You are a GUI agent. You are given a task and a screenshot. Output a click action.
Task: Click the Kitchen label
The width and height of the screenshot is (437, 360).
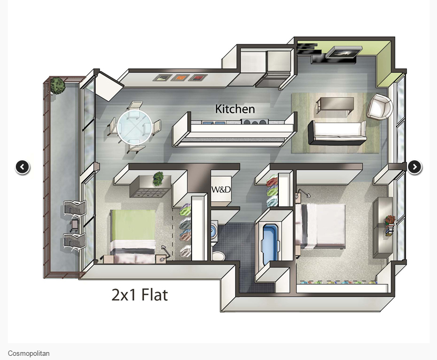(235, 109)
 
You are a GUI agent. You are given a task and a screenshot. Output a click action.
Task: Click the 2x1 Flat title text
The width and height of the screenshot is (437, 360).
(140, 294)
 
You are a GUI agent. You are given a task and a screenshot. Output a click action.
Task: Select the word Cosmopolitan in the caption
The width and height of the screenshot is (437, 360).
(28, 353)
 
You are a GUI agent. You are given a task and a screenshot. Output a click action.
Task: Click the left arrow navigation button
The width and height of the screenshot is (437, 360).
(22, 167)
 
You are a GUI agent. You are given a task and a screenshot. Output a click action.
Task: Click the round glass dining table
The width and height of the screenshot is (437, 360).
(134, 127)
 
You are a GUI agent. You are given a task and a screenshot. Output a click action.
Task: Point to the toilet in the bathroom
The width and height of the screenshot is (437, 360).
(218, 256)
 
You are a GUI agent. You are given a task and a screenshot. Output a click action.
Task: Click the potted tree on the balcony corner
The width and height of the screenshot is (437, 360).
(57, 85)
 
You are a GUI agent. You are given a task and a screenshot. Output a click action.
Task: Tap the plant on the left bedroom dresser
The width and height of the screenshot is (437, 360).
(158, 179)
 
